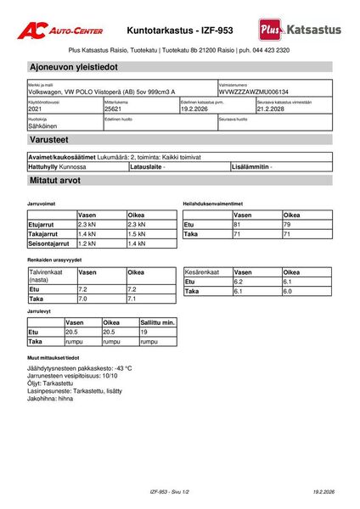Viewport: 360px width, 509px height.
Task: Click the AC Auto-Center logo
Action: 61,29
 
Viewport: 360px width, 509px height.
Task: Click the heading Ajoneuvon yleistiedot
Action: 74,66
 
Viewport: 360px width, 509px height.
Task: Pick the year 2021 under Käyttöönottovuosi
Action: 35,109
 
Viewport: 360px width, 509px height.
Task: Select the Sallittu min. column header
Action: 157,323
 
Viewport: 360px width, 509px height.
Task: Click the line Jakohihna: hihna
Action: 50,399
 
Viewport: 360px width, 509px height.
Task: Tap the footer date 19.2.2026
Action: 323,492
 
